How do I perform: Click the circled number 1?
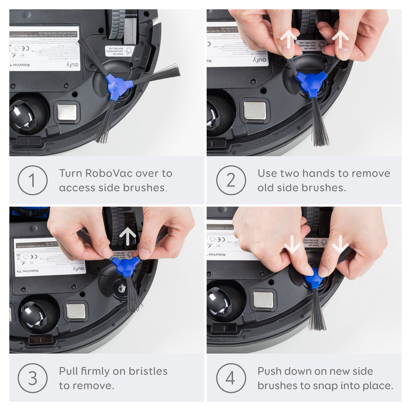(33, 180)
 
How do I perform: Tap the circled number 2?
(231, 180)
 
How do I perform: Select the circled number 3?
(33, 378)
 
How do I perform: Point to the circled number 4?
(231, 378)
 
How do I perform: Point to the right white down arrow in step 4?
(340, 244)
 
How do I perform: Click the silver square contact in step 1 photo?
(67, 112)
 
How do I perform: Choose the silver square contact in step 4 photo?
(263, 299)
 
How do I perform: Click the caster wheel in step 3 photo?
(33, 315)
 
